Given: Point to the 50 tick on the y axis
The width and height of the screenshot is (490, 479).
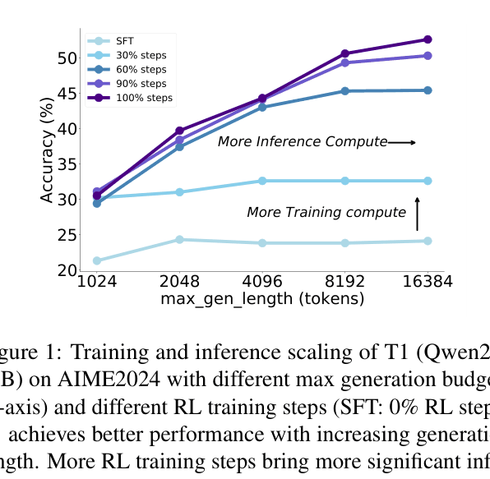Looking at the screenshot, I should (66, 58).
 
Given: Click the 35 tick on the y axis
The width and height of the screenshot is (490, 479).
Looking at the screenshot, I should (66, 164).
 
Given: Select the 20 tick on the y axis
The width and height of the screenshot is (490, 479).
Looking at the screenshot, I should (66, 270).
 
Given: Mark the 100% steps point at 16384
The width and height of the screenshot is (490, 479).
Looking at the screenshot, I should (428, 39).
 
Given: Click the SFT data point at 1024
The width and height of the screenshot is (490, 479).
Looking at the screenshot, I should (97, 260).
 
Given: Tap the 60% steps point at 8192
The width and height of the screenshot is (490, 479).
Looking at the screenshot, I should (344, 90).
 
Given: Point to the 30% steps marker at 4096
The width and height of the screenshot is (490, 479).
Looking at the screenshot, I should (262, 181).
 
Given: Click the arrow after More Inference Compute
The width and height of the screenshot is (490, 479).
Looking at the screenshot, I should (402, 143).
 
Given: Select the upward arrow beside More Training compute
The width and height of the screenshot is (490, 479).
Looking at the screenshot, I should (417, 214).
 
